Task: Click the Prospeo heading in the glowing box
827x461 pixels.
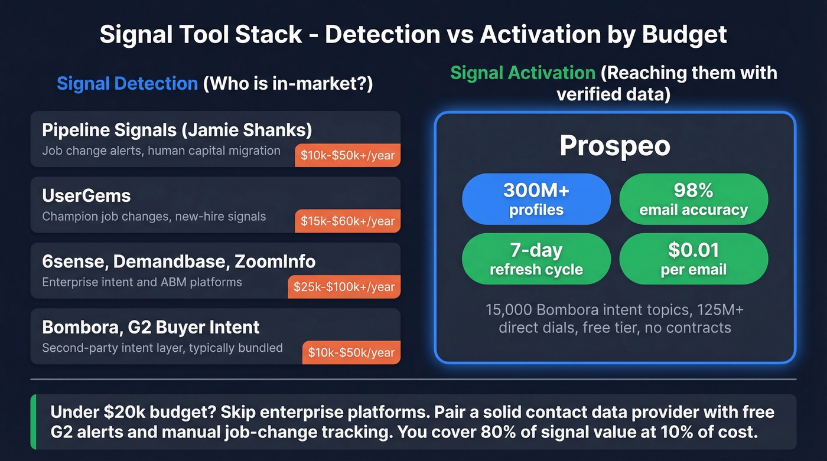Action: coord(614,146)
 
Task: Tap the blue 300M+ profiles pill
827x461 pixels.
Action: coord(536,199)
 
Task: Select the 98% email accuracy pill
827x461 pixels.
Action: coord(693,199)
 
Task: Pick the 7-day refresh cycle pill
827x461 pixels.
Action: coord(536,259)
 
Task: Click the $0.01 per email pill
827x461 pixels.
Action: coord(693,259)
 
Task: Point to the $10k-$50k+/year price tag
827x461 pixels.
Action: coord(347,156)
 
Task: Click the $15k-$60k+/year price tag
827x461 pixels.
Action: coord(347,221)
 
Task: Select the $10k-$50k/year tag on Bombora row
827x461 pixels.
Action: coord(351,352)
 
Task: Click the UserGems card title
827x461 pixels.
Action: coord(86,196)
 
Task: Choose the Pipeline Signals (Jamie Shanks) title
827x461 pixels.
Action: coord(177,130)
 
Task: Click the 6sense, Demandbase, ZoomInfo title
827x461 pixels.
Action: coord(178,261)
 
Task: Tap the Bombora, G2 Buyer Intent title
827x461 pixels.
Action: coord(151,326)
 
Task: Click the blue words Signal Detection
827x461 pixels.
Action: coord(127,83)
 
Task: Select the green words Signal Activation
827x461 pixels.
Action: coord(522,73)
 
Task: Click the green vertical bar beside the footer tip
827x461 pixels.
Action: coord(33,422)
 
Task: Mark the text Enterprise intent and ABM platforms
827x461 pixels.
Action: coord(142,282)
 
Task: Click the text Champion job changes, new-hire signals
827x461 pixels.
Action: coord(154,217)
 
